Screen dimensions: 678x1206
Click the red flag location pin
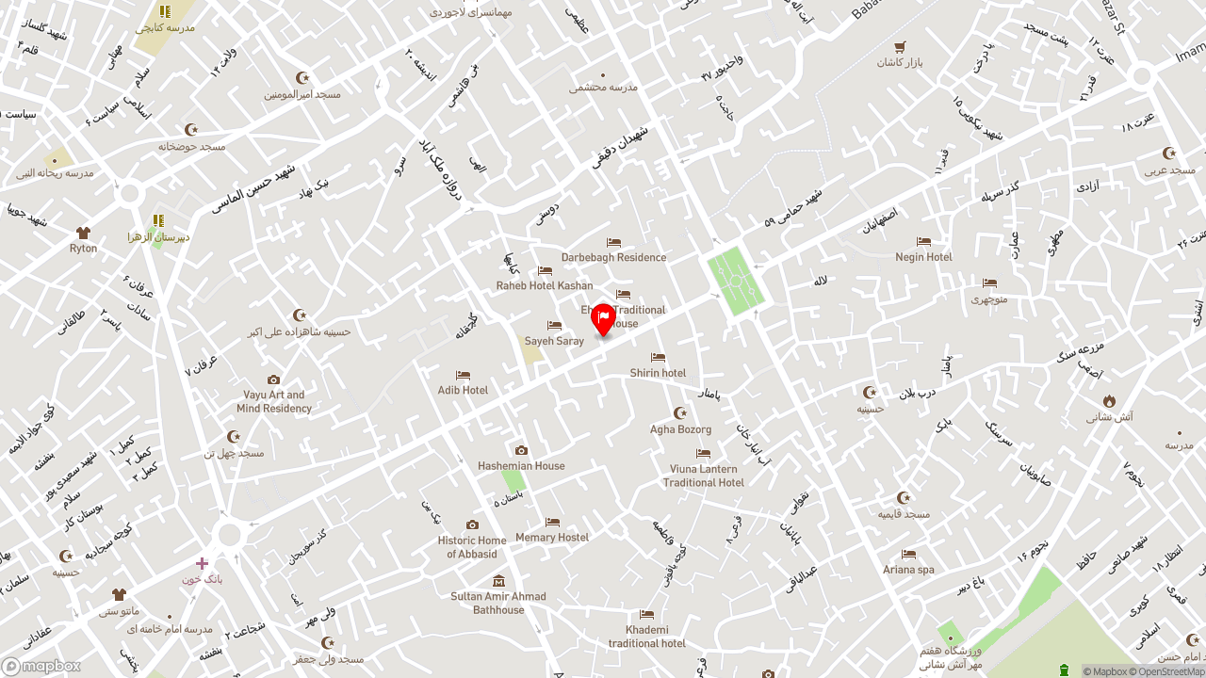click(x=603, y=319)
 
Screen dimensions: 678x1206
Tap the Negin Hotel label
click(x=923, y=257)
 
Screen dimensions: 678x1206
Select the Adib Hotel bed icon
click(x=463, y=376)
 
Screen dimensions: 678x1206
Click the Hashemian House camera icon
click(x=521, y=451)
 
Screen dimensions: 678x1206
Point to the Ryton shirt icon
click(x=83, y=233)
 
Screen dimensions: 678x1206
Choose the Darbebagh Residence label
click(x=613, y=257)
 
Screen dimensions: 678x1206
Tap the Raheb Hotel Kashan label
click(x=545, y=285)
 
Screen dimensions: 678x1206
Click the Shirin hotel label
click(x=658, y=373)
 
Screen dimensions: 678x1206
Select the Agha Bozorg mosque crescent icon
click(x=680, y=413)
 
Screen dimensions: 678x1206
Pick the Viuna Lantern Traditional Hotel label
click(x=703, y=476)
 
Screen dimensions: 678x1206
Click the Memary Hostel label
click(x=552, y=537)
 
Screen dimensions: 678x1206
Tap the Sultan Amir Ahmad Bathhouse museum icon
click(x=498, y=581)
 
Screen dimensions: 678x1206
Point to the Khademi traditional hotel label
click(x=646, y=637)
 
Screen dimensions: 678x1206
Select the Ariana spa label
click(x=908, y=569)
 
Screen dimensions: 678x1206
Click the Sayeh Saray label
click(x=554, y=341)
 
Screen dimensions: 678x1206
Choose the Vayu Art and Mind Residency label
click(x=274, y=401)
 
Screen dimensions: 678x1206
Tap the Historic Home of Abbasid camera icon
click(x=472, y=525)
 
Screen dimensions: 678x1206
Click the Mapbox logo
click(x=41, y=667)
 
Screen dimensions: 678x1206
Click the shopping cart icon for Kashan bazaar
click(x=900, y=46)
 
